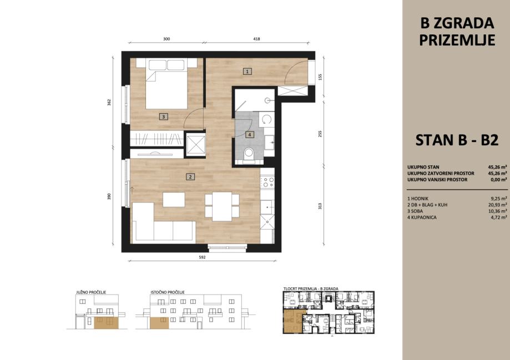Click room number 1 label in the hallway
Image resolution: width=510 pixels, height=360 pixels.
tap(248, 71)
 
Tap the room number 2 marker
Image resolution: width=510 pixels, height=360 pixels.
tap(190, 176)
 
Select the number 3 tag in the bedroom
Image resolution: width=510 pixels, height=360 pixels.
tap(164, 116)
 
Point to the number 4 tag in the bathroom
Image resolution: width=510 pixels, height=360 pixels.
tap(250, 134)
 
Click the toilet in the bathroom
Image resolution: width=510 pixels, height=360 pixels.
tap(249, 154)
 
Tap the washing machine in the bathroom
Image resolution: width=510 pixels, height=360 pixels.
tap(267, 119)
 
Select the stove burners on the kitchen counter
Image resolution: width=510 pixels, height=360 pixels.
tap(267, 182)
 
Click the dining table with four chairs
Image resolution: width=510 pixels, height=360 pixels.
tap(222, 206)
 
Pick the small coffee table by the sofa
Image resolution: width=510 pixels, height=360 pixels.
tap(174, 200)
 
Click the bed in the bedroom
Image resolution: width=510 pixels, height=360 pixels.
tap(166, 84)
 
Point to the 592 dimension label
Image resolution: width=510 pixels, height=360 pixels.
tap(203, 257)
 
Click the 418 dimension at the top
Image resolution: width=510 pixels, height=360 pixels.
tap(256, 39)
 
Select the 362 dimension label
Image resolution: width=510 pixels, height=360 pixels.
tap(109, 102)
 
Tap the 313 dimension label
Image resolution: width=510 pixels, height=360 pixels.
tap(320, 206)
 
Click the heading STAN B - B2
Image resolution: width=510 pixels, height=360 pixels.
tap(457, 140)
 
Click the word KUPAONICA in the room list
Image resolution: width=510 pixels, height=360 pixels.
tap(424, 217)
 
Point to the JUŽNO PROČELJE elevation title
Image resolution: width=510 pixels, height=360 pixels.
tap(91, 292)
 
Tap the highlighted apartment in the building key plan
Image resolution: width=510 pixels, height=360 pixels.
tap(295, 321)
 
